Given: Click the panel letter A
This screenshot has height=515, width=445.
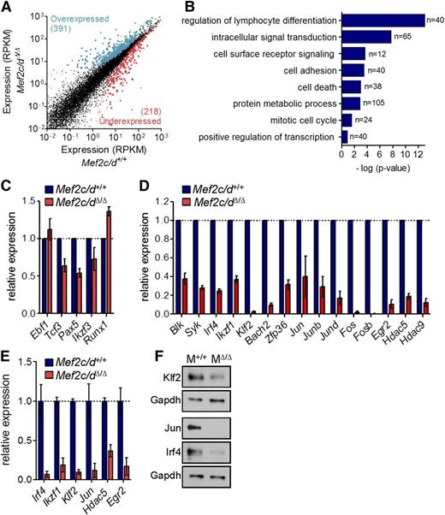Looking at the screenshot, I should click(x=7, y=8).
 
